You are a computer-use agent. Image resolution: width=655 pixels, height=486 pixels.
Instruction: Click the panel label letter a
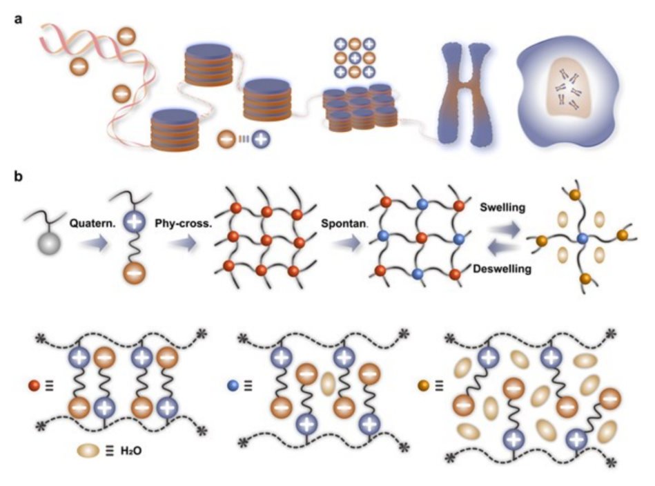[18, 19]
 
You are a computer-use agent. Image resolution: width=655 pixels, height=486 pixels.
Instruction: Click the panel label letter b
[19, 176]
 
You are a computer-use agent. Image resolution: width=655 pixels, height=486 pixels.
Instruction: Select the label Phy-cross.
[184, 224]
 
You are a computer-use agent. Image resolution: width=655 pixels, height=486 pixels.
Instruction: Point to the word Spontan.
[344, 224]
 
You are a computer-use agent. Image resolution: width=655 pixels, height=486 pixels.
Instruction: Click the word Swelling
[502, 207]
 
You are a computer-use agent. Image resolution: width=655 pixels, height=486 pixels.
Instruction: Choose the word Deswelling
[502, 269]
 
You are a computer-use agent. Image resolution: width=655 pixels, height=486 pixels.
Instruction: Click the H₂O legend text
[131, 451]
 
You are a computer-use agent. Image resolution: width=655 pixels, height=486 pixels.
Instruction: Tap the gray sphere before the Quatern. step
[49, 244]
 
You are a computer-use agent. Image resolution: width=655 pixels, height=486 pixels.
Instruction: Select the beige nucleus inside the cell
[568, 88]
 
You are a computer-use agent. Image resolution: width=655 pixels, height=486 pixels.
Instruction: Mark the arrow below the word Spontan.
[346, 243]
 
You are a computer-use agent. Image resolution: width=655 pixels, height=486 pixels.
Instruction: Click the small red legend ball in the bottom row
[35, 385]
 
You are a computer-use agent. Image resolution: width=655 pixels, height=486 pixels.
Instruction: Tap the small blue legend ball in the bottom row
[233, 385]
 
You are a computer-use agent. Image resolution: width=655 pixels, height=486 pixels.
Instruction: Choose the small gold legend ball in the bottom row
[424, 385]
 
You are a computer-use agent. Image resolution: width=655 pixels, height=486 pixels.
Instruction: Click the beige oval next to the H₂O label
[88, 451]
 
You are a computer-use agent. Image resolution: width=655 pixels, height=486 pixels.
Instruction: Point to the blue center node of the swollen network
[581, 239]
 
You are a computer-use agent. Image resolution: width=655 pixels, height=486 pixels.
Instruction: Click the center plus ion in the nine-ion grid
[355, 58]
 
